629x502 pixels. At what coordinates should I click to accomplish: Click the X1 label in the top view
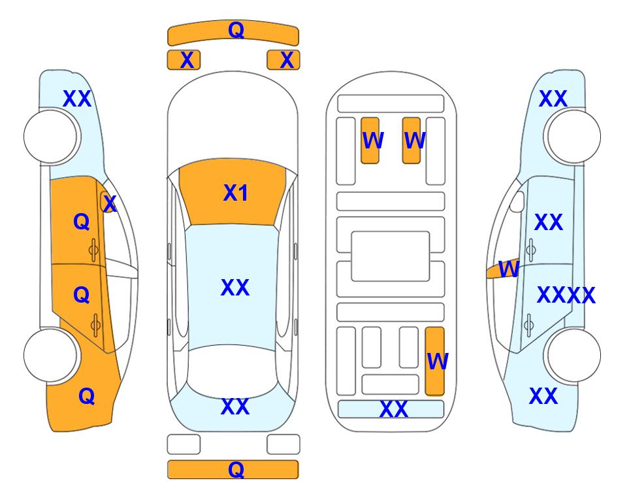tap(236, 193)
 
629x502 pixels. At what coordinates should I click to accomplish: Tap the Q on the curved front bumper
tap(236, 29)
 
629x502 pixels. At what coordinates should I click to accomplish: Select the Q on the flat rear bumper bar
tap(236, 469)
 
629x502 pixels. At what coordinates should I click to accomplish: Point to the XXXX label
tap(566, 295)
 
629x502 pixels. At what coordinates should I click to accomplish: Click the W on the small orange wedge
tap(509, 269)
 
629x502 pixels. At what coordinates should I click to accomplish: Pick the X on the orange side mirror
tap(110, 204)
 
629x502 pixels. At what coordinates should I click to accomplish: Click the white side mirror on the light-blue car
tap(517, 201)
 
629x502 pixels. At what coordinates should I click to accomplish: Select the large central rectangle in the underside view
tap(391, 256)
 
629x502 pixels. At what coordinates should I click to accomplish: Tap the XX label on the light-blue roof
tap(235, 288)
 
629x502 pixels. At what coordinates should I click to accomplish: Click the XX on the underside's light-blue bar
tap(393, 409)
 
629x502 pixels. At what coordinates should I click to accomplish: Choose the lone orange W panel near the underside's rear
tap(435, 361)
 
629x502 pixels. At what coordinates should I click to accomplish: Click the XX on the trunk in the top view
tap(235, 407)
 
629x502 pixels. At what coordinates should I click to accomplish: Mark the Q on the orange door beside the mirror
tap(82, 222)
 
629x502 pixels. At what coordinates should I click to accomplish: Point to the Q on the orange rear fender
tap(87, 396)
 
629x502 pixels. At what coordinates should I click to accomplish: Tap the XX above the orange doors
tap(77, 99)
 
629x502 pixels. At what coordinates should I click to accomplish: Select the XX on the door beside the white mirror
tap(549, 222)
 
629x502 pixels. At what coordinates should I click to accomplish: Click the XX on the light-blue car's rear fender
tap(543, 396)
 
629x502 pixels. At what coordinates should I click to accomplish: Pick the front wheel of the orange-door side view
tap(50, 137)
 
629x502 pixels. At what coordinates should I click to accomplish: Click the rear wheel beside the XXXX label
tap(574, 355)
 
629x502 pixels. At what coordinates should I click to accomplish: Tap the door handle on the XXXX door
tap(528, 326)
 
